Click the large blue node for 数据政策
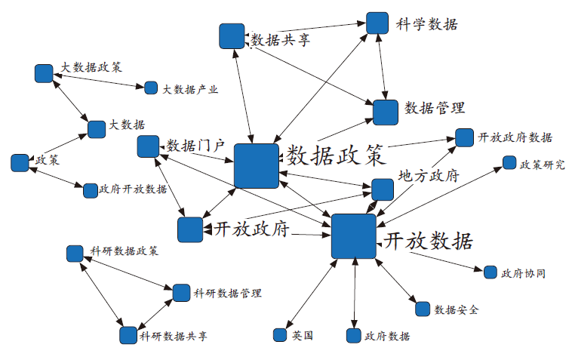point(257,165)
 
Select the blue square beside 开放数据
point(353,235)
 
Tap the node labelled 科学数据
point(377,23)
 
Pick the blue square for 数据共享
point(231,36)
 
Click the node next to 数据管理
point(385,112)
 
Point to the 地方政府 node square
point(383,189)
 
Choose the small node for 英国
point(281,334)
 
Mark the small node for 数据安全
point(422,309)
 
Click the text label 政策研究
point(543,164)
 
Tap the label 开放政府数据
point(515,138)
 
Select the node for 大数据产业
point(151,88)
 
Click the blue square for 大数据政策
point(44,73)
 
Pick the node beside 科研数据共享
point(128,334)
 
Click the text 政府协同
point(523,272)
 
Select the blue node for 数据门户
point(148,146)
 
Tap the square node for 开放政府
point(189,229)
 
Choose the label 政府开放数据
point(134,189)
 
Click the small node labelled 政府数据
point(354,336)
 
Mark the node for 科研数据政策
point(75,253)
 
